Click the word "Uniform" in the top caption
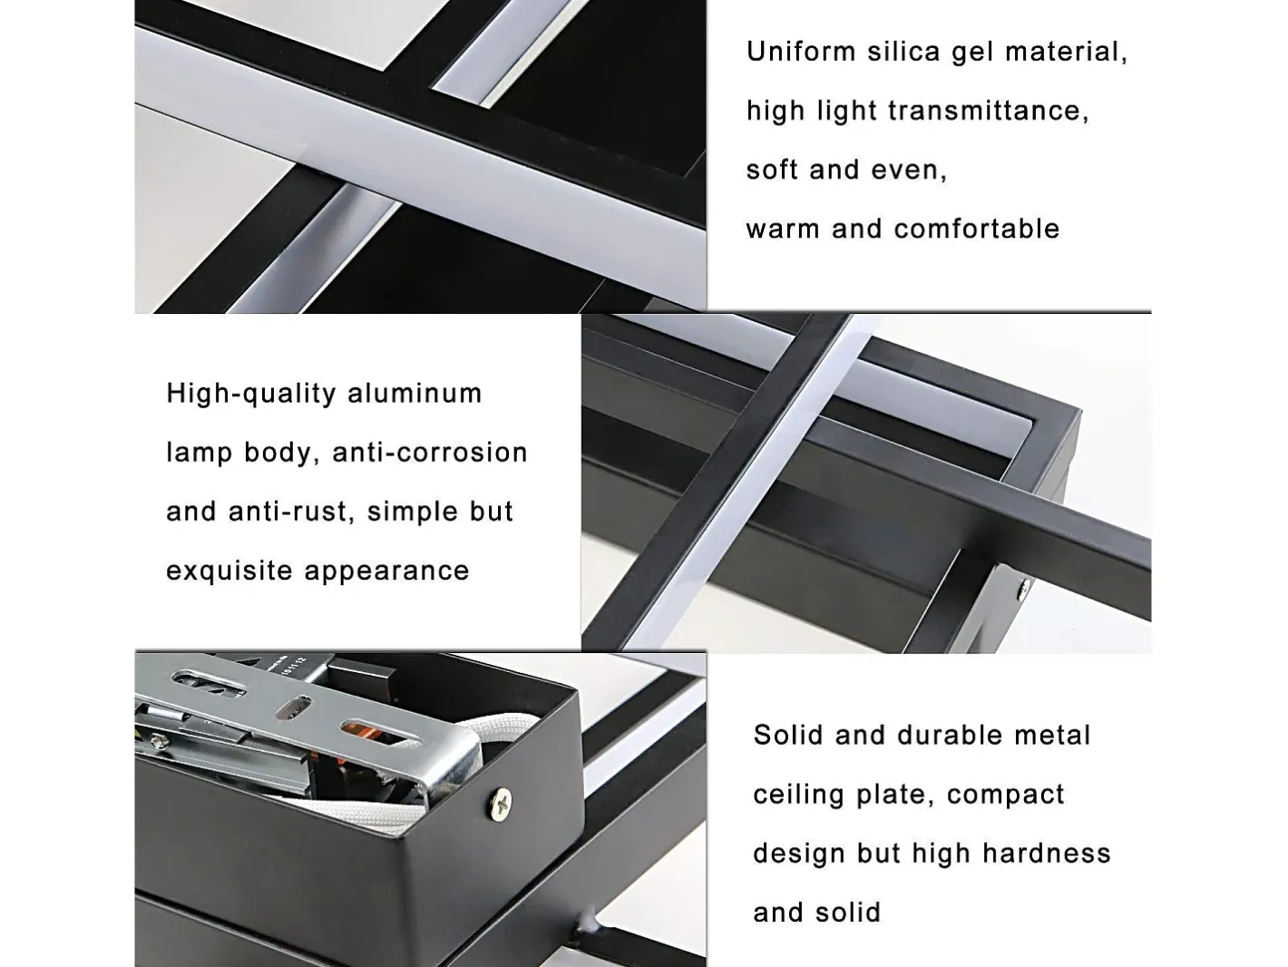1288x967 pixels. pos(801,52)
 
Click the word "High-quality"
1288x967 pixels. pos(250,394)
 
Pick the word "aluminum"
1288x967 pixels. pos(415,393)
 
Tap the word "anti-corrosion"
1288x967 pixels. pos(430,453)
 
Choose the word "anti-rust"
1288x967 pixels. pos(292,512)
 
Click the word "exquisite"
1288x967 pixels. pos(229,571)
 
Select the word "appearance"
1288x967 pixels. pos(386,571)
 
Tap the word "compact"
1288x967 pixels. pos(1005,795)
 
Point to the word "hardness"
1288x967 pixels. pos(1046,854)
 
